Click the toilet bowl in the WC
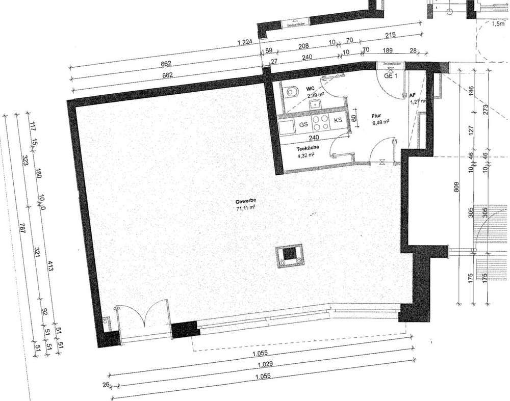click(292, 92)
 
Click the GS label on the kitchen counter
click(303, 124)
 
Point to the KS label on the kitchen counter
click(338, 120)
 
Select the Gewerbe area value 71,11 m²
click(246, 208)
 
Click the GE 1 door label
click(391, 75)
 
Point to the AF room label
click(413, 95)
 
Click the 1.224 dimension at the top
click(245, 44)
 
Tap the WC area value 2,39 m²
click(312, 95)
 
